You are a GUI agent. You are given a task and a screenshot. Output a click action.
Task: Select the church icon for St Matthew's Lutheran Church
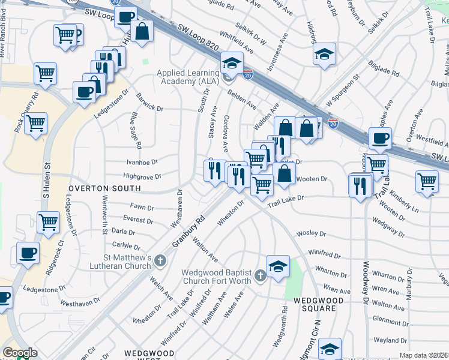pyautogui.click(x=160, y=260)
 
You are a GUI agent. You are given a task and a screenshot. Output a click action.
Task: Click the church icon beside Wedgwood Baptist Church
pyautogui.click(x=259, y=275)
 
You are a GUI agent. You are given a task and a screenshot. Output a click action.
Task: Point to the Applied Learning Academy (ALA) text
pyautogui.click(x=188, y=77)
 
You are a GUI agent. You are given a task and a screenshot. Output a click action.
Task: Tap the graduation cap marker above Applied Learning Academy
pyautogui.click(x=231, y=62)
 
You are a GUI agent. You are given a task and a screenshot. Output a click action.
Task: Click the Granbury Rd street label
pyautogui.click(x=188, y=231)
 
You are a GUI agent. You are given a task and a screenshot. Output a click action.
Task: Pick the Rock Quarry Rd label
pyautogui.click(x=26, y=112)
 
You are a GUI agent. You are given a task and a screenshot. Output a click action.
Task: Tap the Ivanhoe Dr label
pyautogui.click(x=142, y=162)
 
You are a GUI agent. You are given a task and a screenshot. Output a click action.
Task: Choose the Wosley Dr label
pyautogui.click(x=312, y=233)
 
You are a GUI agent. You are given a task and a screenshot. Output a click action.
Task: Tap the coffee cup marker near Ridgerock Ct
pyautogui.click(x=27, y=253)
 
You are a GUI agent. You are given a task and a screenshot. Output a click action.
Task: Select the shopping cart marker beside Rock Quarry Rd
pyautogui.click(x=36, y=124)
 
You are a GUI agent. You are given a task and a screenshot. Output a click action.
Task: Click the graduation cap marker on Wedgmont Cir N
pyautogui.click(x=330, y=348)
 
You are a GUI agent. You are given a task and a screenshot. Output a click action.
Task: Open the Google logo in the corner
pyautogui.click(x=20, y=353)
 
